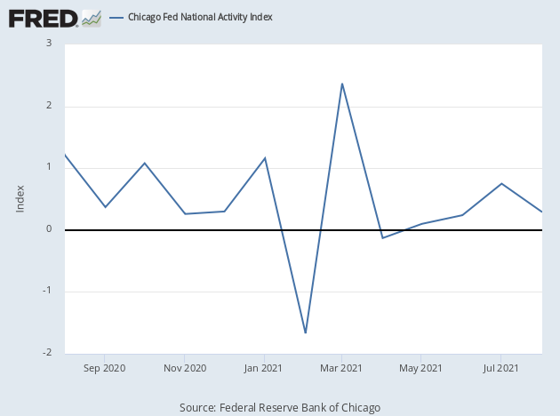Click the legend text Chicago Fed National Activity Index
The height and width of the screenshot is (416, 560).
(x=200, y=17)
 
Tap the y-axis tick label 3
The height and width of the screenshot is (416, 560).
(x=48, y=44)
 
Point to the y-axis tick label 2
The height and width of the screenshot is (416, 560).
(x=48, y=106)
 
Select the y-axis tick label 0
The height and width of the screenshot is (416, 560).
(x=48, y=229)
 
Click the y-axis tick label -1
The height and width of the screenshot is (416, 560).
(x=46, y=292)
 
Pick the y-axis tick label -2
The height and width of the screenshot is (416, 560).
(x=46, y=352)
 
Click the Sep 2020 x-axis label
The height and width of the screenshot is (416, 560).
(x=105, y=367)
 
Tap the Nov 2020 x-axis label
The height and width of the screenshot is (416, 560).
(x=184, y=367)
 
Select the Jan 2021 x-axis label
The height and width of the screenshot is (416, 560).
(x=264, y=367)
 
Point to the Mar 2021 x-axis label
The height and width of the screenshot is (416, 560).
(x=341, y=367)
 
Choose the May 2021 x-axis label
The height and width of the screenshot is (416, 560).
(x=420, y=367)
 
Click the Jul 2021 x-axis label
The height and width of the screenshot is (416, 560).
(x=500, y=367)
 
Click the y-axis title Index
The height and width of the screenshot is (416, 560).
(x=20, y=197)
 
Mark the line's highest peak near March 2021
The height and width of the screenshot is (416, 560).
(x=342, y=84)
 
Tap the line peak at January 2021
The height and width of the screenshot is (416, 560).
(x=265, y=157)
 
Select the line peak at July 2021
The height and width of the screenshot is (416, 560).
(x=502, y=183)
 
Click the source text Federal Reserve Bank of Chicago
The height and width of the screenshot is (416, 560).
(x=280, y=407)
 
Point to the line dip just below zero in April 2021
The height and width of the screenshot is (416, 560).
(x=382, y=238)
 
